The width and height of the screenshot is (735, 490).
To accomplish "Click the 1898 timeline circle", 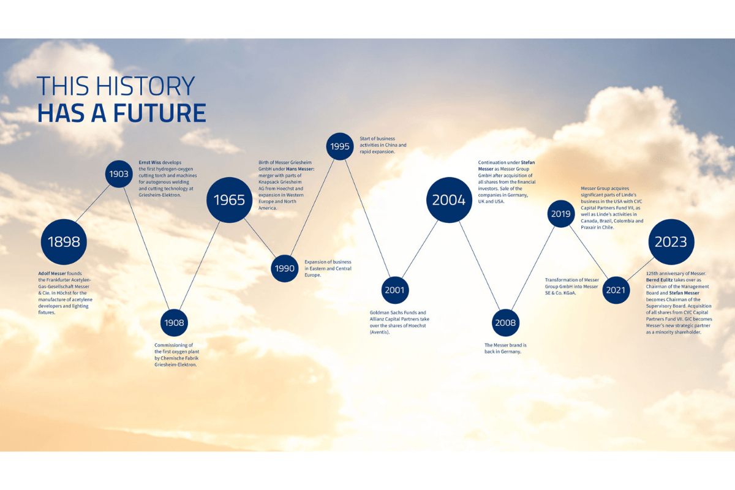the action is [64, 242].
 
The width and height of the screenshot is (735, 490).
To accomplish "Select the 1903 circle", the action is [119, 174].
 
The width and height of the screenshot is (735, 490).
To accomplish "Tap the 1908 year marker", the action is [174, 323].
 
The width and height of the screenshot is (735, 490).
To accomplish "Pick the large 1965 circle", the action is [229, 200].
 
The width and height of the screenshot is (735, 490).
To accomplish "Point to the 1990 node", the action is [284, 268].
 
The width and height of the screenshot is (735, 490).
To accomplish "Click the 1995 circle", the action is [339, 146].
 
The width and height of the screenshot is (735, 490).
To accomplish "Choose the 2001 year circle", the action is [394, 290].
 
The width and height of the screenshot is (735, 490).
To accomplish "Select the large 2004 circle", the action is [449, 200].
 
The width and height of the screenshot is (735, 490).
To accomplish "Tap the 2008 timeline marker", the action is [505, 323].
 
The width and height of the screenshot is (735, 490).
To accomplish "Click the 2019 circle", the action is [561, 214].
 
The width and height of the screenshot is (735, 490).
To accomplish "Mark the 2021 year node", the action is [616, 290].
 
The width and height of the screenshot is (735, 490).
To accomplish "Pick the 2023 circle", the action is [671, 242].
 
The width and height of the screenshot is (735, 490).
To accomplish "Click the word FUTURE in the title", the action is [159, 113].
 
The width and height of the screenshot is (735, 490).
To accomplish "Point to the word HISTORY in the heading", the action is [145, 86].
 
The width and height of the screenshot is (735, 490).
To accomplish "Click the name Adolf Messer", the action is [52, 273].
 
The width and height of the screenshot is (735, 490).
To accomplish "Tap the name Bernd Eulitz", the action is [659, 280].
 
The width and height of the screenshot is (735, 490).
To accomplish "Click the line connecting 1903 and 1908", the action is [146, 249].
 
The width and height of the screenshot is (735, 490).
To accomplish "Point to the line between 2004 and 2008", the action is [480, 266].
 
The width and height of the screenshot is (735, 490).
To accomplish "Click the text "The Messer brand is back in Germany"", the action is [505, 349].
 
